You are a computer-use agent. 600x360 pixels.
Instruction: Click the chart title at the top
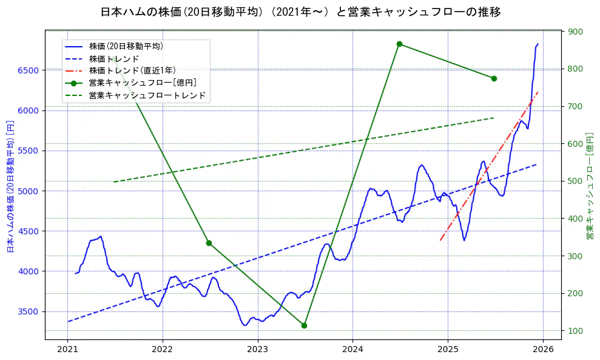click(300, 12)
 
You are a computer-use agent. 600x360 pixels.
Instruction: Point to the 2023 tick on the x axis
click(257, 349)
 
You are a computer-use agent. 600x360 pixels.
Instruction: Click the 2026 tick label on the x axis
click(543, 349)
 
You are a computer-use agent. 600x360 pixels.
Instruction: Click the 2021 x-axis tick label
click(67, 349)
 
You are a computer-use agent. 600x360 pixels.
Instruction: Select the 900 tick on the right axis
click(575, 32)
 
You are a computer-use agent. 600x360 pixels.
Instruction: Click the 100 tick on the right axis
click(575, 331)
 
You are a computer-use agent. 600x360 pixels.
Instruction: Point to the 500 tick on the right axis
click(575, 182)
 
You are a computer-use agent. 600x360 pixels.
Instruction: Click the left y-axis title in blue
click(10, 186)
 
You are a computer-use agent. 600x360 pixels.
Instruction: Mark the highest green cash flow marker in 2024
click(399, 44)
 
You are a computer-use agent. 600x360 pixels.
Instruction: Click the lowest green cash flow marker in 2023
click(304, 325)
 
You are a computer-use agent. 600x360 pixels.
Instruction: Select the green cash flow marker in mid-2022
click(209, 243)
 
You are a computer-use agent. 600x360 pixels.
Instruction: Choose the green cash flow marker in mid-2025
click(494, 78)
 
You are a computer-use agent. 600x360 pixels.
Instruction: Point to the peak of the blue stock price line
click(538, 44)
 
